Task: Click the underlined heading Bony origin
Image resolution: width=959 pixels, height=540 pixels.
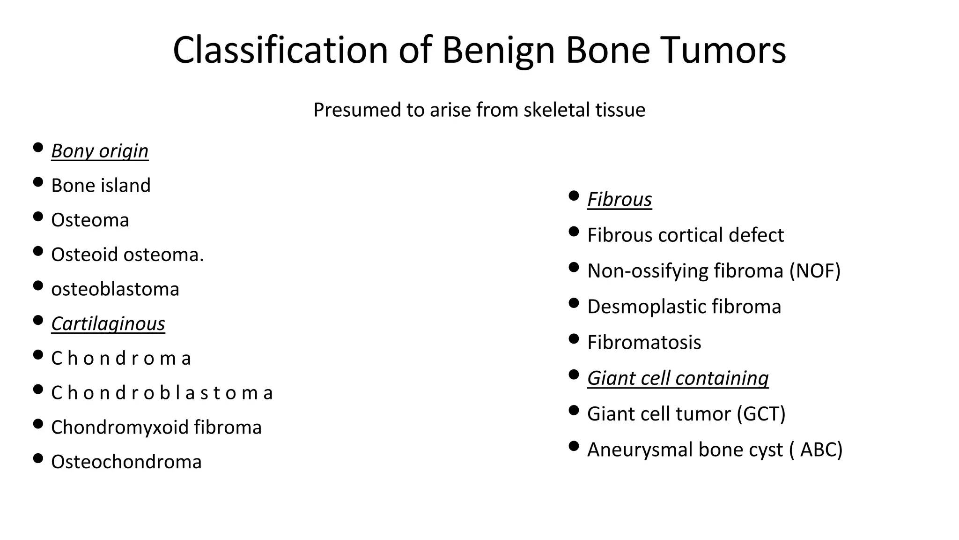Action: tap(100, 151)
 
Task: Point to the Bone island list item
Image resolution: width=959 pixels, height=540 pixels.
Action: tap(101, 186)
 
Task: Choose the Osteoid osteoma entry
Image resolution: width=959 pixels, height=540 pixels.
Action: tap(127, 255)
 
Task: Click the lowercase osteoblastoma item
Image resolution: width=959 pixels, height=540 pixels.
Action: tap(115, 289)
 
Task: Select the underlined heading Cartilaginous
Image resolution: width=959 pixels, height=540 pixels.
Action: tap(108, 324)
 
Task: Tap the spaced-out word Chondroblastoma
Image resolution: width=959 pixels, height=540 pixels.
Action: tap(162, 393)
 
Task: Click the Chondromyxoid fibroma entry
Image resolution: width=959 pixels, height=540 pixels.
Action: tap(156, 427)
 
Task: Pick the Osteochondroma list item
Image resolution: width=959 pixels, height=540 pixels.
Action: tap(126, 462)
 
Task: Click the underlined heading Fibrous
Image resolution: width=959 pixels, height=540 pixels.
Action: tap(619, 200)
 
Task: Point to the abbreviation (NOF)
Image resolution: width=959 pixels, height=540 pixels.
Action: tap(815, 271)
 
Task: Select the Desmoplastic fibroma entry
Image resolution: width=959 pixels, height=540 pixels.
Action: tap(684, 307)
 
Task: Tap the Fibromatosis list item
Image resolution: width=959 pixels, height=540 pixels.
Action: tap(644, 343)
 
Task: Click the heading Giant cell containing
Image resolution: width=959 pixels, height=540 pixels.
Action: tap(678, 378)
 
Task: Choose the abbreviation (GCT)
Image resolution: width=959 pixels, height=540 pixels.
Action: tap(761, 414)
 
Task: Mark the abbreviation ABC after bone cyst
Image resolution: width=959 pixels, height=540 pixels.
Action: tap(821, 450)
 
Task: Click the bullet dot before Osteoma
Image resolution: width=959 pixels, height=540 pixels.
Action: tap(38, 217)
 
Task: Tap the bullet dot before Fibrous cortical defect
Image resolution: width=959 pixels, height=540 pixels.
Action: tap(574, 232)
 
